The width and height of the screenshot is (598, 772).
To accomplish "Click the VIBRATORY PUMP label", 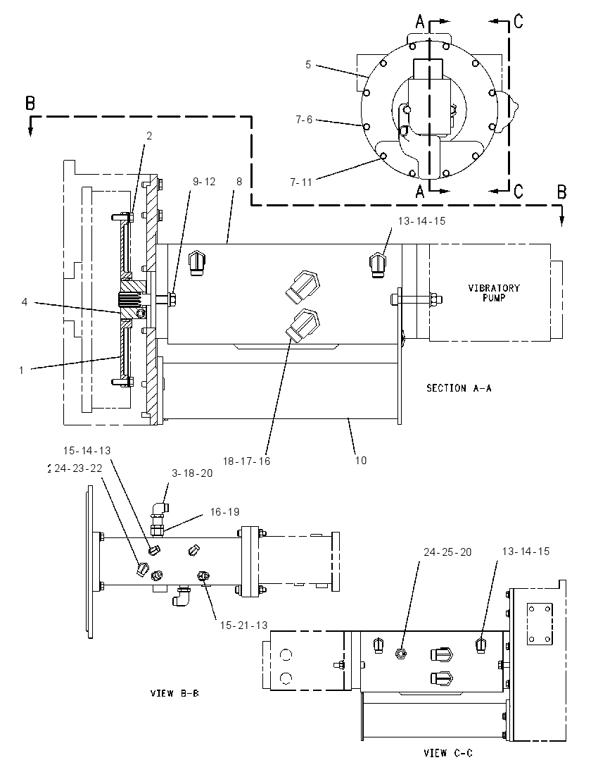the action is point(493,292).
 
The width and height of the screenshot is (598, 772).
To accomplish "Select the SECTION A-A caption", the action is point(459,388).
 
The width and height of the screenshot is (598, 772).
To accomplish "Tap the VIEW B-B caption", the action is point(174,693).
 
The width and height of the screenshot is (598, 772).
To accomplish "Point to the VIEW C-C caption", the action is point(448,752).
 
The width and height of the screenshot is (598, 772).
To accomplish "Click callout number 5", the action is point(308,65).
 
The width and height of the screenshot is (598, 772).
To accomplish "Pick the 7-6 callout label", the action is point(304,120).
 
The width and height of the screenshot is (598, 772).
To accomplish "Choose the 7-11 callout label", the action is point(301,182).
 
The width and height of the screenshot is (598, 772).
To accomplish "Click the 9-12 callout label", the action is point(204,182).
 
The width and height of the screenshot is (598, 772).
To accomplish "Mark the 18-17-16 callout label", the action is point(246,461).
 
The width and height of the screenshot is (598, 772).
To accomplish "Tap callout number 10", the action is point(361,460).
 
